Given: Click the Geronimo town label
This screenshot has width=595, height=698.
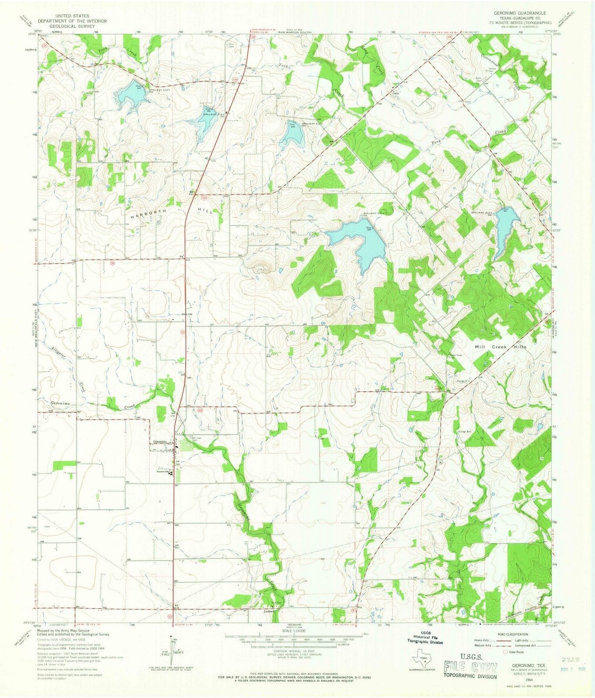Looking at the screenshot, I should click(x=160, y=441).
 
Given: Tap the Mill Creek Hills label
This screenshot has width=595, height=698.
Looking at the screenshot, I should click(x=500, y=347).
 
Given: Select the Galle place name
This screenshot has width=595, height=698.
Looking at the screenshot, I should click(x=396, y=93).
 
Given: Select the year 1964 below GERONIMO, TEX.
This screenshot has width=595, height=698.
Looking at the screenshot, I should click(x=517, y=680).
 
